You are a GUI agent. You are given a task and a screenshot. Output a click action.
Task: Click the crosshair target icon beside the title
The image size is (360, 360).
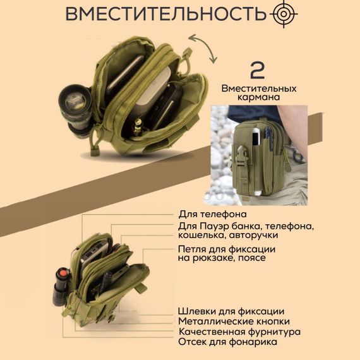click(283, 14)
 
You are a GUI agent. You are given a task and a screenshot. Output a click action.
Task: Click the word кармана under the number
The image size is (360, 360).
click(258, 99)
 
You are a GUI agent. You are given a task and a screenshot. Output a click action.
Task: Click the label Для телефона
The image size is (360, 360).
click(212, 214)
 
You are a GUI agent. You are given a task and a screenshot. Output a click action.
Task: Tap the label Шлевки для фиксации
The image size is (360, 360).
click(231, 311)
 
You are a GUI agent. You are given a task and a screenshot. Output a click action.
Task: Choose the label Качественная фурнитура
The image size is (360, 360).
click(239, 332)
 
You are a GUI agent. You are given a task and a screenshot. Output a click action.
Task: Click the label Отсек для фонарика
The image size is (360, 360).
click(227, 342)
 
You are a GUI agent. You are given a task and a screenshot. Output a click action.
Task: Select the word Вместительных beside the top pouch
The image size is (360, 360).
click(259, 89)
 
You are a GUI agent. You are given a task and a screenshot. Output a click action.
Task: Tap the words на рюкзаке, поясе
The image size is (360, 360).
click(222, 258)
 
